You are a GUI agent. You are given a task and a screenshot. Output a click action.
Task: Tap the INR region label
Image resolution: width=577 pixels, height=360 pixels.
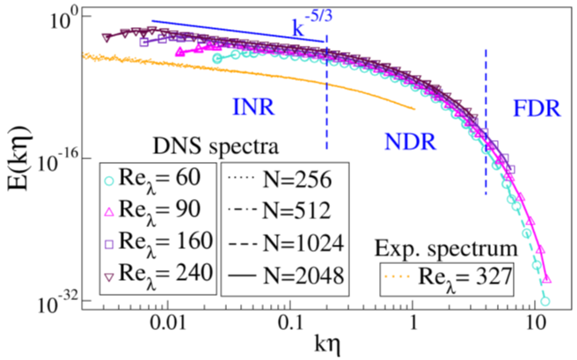[253, 107]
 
